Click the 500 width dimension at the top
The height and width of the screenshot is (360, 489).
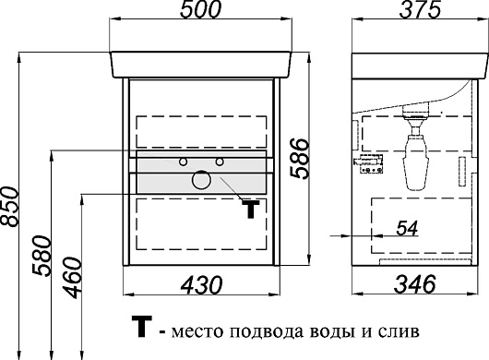click(202, 11)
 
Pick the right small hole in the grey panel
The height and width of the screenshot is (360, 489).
click(220, 162)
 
